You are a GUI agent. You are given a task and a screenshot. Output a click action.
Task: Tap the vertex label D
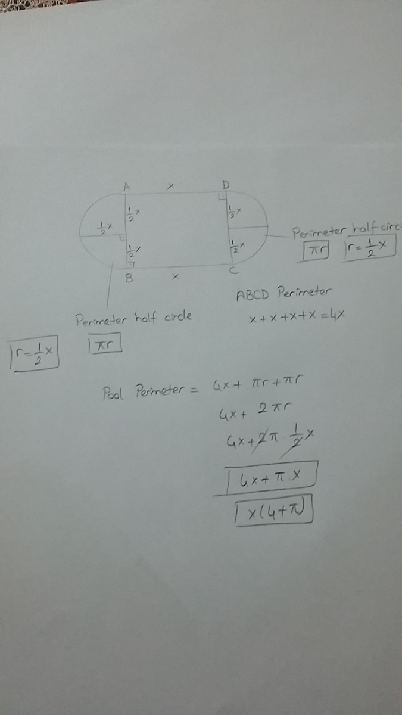tap(226, 185)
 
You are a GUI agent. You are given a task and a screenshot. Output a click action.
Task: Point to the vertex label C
tap(235, 271)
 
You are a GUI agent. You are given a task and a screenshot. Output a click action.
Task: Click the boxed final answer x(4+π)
tap(273, 511)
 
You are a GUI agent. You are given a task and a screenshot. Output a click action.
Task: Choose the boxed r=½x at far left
tap(35, 355)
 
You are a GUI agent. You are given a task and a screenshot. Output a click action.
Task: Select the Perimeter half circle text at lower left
tap(133, 319)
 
